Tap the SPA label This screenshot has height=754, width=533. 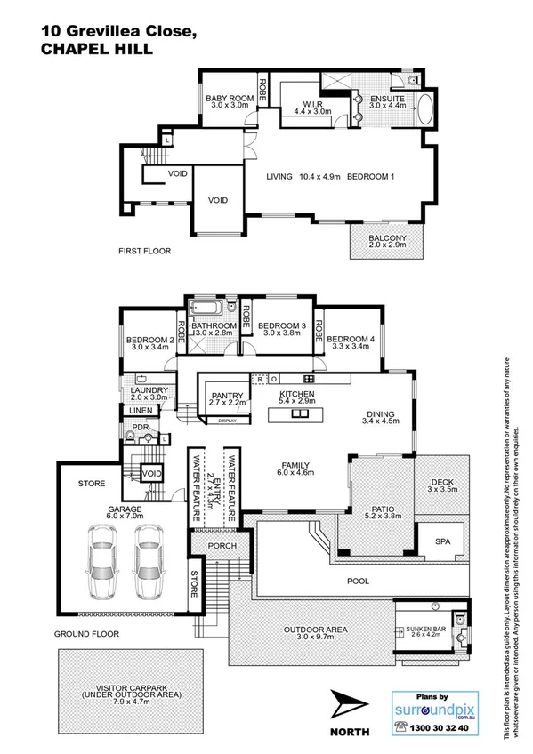pos(441,541)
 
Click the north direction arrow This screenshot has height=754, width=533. pos(348,707)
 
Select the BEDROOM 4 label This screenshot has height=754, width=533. pos(347,339)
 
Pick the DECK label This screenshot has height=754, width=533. pos(441,485)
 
